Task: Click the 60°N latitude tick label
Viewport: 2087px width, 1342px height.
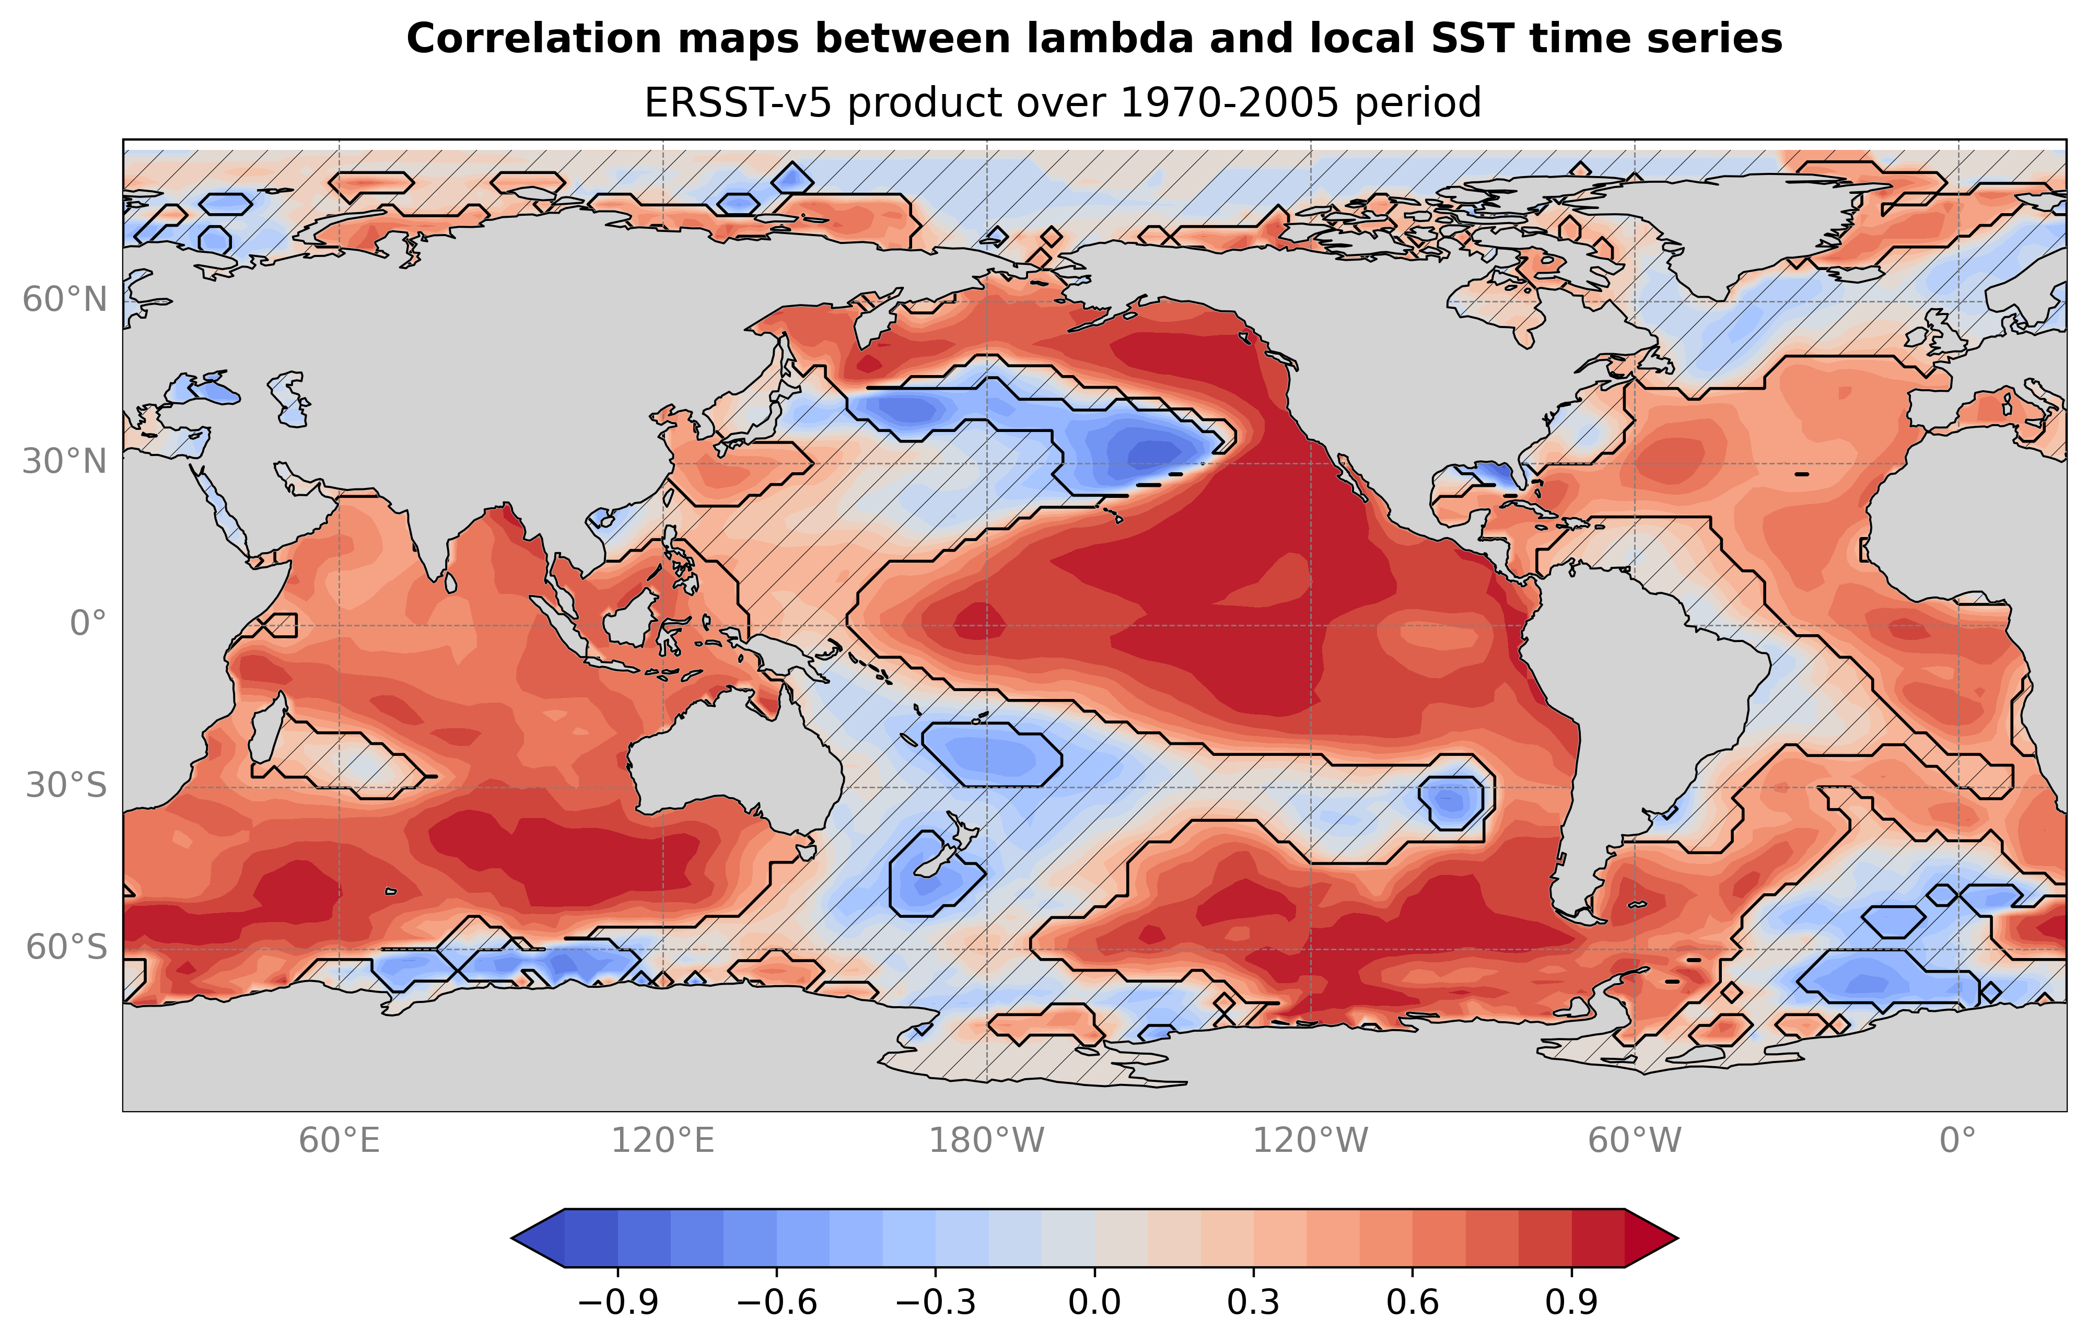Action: [x=64, y=300]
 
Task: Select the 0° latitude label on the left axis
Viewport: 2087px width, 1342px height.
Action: [x=88, y=624]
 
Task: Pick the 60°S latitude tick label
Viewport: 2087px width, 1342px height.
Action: [x=66, y=947]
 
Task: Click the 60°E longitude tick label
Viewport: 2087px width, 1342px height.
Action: [x=339, y=1141]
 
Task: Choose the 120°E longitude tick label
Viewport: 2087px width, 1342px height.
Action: [x=662, y=1141]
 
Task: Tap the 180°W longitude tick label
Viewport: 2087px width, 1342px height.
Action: [x=986, y=1141]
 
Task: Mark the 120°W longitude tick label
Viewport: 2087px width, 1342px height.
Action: [x=1311, y=1141]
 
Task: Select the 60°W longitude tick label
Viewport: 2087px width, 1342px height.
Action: [x=1635, y=1141]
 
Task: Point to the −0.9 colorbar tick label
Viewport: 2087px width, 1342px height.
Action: [x=618, y=1303]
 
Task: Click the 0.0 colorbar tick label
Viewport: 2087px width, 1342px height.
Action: [x=1094, y=1303]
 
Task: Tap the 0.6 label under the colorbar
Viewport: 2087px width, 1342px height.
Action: [x=1413, y=1303]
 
